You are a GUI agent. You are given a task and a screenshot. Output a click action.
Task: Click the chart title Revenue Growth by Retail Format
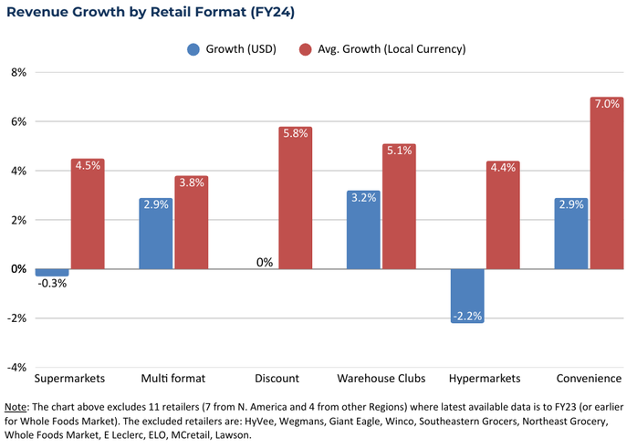(x=150, y=13)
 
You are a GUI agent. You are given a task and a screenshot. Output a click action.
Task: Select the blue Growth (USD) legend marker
(x=193, y=48)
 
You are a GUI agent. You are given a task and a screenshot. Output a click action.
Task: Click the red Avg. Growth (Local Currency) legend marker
(x=307, y=48)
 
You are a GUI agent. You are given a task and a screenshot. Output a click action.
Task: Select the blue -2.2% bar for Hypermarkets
(x=466, y=295)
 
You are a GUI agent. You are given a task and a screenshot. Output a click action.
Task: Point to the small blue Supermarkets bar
(x=52, y=272)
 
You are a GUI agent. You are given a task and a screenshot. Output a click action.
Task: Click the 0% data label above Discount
(x=265, y=262)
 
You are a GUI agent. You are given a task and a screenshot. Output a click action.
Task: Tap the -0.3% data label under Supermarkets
(x=52, y=283)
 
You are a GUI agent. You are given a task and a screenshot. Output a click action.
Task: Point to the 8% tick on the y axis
(x=17, y=72)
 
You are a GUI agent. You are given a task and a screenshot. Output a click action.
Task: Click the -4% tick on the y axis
(x=16, y=368)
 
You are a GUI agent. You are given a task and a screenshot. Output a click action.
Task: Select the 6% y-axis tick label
(x=17, y=121)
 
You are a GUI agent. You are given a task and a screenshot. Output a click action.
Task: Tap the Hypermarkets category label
(x=484, y=378)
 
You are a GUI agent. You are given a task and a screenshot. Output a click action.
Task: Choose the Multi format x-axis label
(x=172, y=378)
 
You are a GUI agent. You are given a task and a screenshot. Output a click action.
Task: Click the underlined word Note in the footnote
(x=16, y=406)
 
